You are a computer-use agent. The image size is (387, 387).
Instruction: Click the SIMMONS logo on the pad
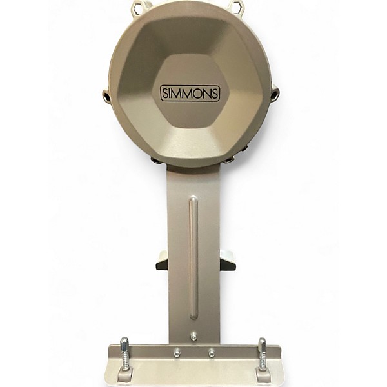tap(190, 94)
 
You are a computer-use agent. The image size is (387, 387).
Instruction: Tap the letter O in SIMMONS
tap(197, 94)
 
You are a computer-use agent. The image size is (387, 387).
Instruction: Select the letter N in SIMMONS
tap(206, 94)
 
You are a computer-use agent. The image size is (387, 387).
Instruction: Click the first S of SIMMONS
tap(165, 94)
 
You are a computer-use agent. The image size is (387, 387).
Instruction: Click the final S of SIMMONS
tap(214, 94)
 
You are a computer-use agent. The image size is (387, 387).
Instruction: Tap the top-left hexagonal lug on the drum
tap(139, 6)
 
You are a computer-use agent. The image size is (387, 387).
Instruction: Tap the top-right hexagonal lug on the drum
tap(237, 6)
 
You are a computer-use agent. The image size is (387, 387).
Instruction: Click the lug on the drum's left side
tap(107, 96)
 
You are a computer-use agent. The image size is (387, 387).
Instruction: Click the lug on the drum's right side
tap(275, 94)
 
